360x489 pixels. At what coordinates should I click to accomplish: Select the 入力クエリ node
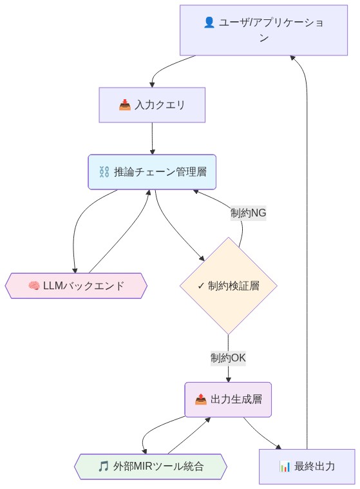click(x=152, y=104)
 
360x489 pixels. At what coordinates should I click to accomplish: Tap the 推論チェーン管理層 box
click(x=152, y=172)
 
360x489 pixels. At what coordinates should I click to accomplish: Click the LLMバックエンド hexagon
click(x=76, y=285)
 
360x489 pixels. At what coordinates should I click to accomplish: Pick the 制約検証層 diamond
click(x=228, y=285)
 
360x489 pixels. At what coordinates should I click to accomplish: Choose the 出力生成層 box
click(x=228, y=399)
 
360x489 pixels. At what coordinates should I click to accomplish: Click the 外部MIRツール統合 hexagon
click(x=151, y=466)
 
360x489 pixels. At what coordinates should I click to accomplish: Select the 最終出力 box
click(x=307, y=466)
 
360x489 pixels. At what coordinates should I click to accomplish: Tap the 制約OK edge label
click(x=228, y=358)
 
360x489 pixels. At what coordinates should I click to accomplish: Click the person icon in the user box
click(x=209, y=23)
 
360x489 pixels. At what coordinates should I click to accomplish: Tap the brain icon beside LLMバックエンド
click(x=34, y=285)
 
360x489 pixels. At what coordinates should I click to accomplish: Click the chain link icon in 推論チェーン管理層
click(x=104, y=172)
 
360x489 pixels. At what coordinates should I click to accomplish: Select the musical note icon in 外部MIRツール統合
click(x=103, y=466)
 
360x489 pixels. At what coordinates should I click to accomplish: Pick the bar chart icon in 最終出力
click(x=285, y=466)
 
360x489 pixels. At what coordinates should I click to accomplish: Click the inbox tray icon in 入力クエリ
click(x=125, y=104)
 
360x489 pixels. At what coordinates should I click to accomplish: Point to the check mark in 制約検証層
click(x=201, y=285)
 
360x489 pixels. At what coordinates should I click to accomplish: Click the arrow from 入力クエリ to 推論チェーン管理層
click(x=152, y=139)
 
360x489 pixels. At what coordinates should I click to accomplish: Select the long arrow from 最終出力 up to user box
click(x=307, y=258)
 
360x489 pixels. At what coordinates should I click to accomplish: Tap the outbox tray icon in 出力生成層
click(x=201, y=399)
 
